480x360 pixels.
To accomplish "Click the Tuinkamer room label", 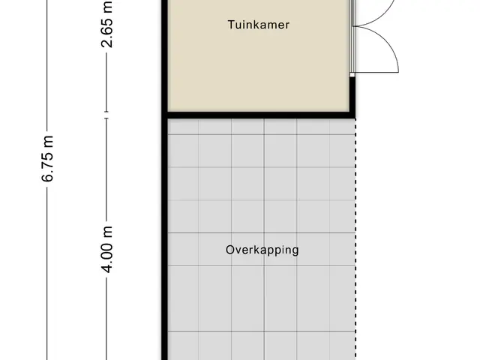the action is click(x=259, y=25).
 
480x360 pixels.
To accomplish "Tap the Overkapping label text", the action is click(x=262, y=250).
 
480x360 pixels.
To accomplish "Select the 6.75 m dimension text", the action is click(x=47, y=158).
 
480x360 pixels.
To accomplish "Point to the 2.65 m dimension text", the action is click(x=106, y=24).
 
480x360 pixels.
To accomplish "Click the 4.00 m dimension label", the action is click(x=107, y=250).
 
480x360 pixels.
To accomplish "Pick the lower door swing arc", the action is click(x=388, y=43).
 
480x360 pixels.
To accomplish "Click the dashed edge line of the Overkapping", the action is click(x=355, y=239).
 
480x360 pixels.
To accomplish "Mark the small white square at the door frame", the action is click(x=352, y=75).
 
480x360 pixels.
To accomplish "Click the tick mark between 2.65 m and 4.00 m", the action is click(x=106, y=115).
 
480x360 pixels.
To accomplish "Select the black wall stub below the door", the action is click(x=352, y=94).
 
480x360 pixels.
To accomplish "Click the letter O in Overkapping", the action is click(x=230, y=250).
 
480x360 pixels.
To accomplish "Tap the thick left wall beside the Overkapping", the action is click(x=165, y=239).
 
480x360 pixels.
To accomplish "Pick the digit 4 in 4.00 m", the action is click(x=107, y=268).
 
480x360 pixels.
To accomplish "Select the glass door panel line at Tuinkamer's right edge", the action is click(x=352, y=36).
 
